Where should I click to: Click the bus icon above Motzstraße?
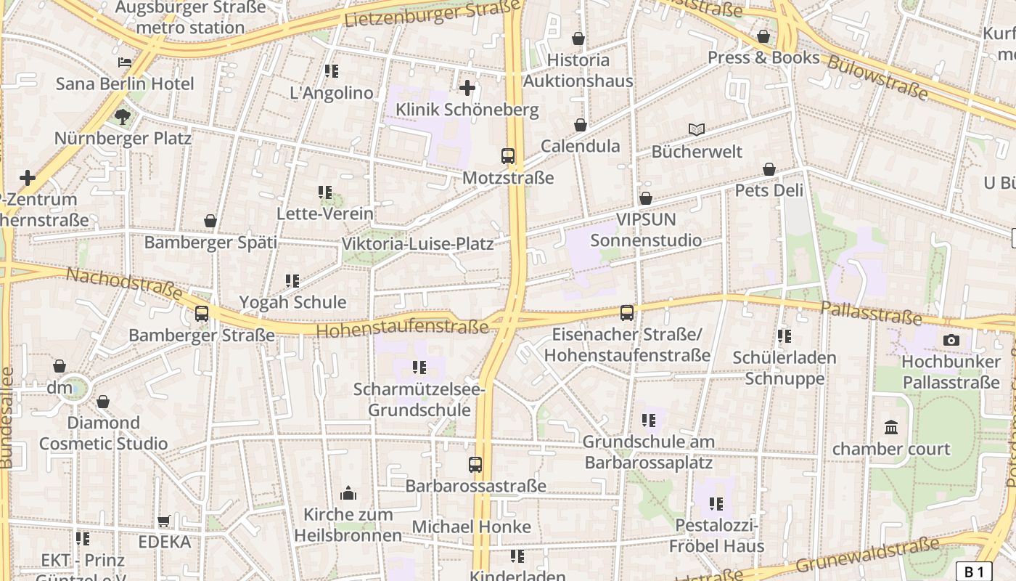tap(508, 155)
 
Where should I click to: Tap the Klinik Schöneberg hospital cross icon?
tap(467, 88)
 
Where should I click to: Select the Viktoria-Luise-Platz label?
tap(417, 243)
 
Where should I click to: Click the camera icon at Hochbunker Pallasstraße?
tap(951, 340)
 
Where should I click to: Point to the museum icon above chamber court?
tap(891, 427)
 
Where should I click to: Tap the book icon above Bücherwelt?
tap(697, 129)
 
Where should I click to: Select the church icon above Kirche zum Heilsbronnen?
tap(348, 493)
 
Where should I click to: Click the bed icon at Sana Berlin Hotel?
tap(125, 62)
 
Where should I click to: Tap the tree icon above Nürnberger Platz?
tap(123, 116)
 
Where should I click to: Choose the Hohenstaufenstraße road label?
tap(403, 329)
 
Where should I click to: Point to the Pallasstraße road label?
tap(871, 313)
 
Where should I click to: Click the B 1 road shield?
tap(973, 572)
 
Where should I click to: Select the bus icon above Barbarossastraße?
tap(475, 464)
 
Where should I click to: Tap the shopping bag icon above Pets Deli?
tap(769, 169)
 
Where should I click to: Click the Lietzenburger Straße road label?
tap(433, 15)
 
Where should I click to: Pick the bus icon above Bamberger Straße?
tap(202, 314)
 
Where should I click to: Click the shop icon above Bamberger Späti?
tap(210, 221)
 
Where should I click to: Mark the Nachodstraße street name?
tap(124, 283)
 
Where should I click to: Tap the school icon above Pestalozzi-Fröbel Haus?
tap(716, 503)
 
